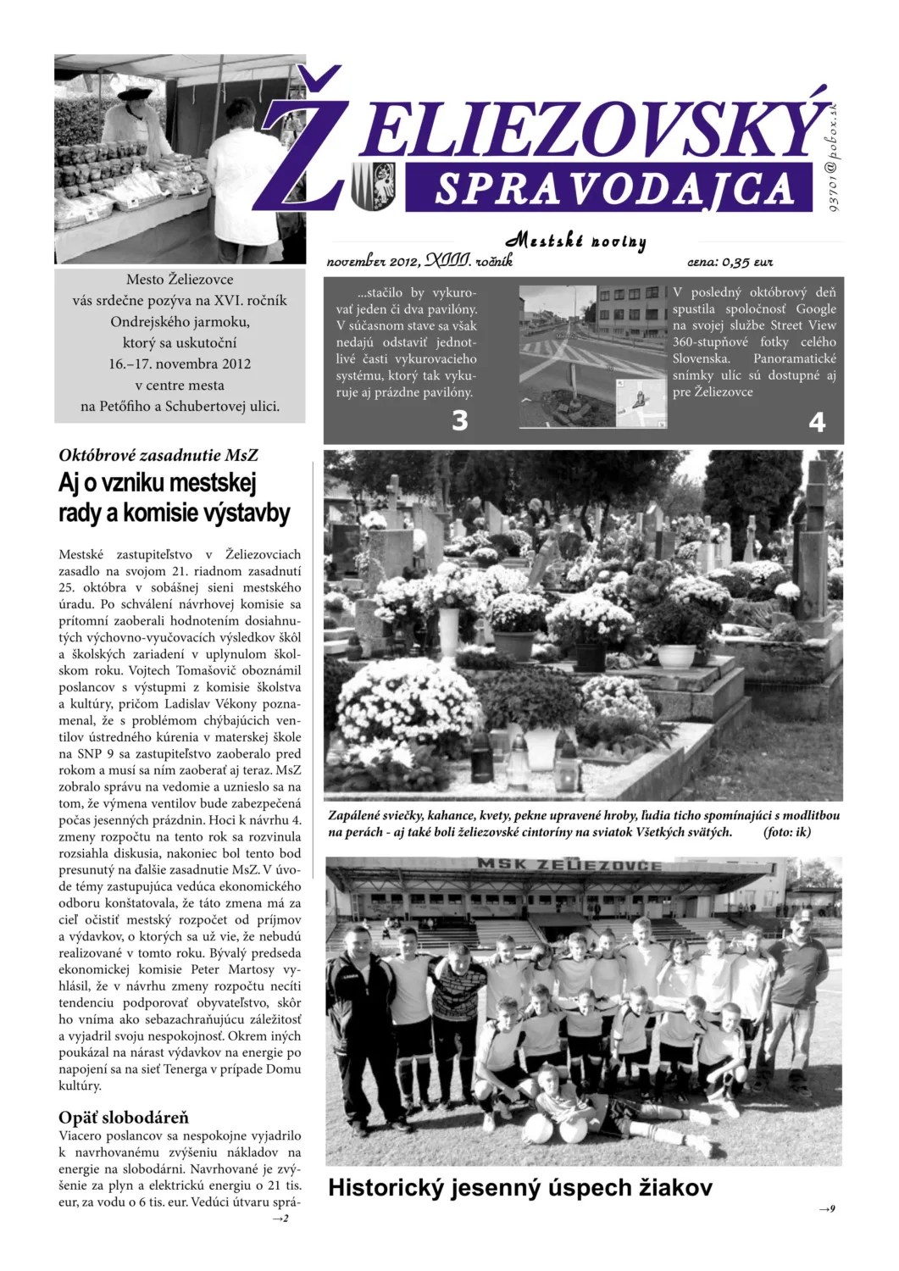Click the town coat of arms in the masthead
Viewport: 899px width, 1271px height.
[x=373, y=186]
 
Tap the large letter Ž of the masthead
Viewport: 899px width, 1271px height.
[x=306, y=148]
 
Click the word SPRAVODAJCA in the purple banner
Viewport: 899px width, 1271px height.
[x=612, y=189]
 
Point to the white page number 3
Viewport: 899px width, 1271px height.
[x=460, y=420]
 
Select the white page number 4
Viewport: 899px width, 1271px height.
[x=817, y=422]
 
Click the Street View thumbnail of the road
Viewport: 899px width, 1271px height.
[x=593, y=356]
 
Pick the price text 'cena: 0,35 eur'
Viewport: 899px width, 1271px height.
[x=730, y=262]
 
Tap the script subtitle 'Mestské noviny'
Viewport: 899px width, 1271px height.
[x=576, y=241]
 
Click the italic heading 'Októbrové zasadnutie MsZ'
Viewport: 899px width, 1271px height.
[x=158, y=455]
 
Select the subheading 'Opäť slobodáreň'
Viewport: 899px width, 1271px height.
[x=124, y=1118]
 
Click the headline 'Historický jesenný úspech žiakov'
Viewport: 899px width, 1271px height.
[x=519, y=1188]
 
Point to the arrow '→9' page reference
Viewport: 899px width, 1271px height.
[x=827, y=1209]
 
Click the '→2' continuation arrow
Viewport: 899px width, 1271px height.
[x=280, y=1218]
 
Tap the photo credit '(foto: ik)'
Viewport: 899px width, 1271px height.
[x=787, y=832]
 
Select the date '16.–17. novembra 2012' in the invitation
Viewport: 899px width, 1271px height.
[x=180, y=364]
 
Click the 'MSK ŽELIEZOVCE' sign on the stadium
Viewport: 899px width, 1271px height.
[x=569, y=864]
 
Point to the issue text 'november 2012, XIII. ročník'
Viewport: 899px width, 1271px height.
[x=419, y=262]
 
